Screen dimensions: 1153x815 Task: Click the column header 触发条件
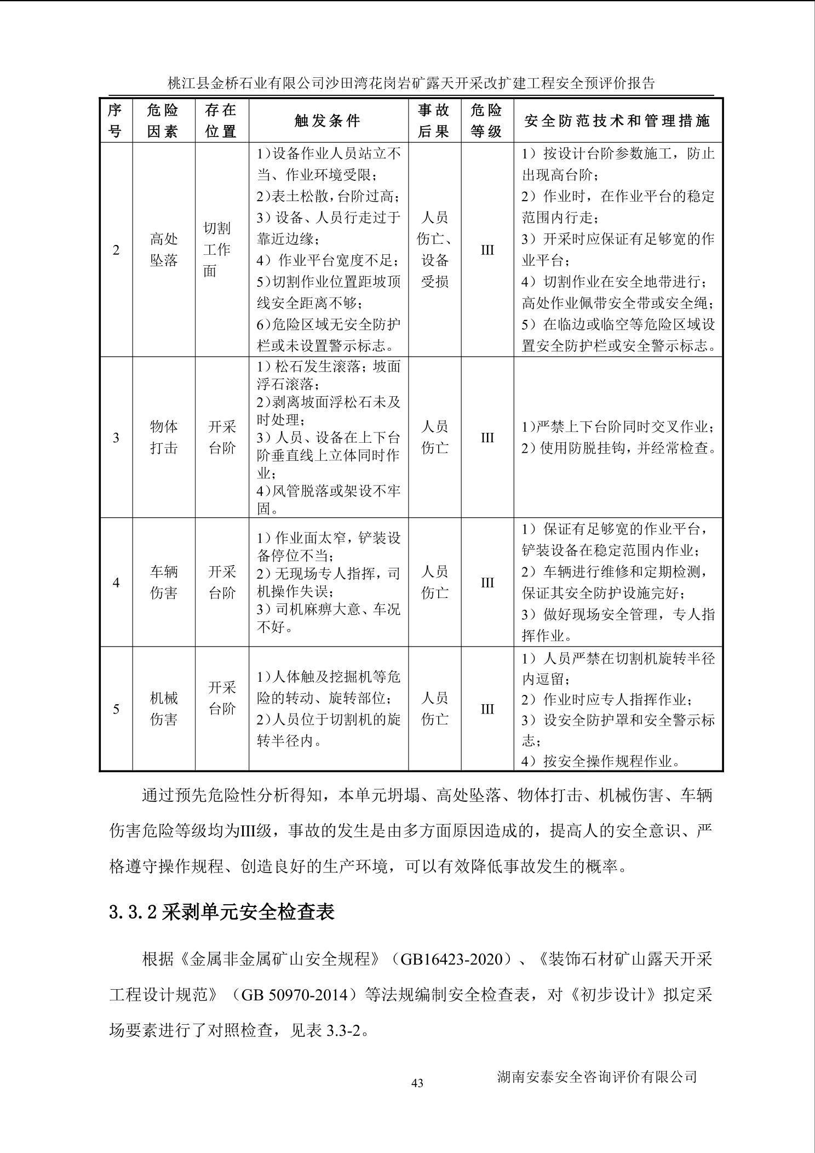click(x=328, y=121)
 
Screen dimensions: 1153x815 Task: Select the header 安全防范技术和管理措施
click(x=617, y=121)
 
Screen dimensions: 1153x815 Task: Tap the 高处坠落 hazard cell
click(x=164, y=250)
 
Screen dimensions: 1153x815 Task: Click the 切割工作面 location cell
click(x=217, y=250)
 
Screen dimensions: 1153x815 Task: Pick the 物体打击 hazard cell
click(x=164, y=437)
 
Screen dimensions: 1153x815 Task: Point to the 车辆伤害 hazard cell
click(x=164, y=583)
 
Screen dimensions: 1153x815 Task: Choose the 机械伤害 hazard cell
click(x=164, y=709)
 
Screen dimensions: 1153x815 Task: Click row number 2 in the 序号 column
click(x=116, y=250)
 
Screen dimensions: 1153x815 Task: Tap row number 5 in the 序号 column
click(x=116, y=709)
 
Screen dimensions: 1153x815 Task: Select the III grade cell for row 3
click(x=487, y=438)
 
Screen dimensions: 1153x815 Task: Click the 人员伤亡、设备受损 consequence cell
click(x=435, y=250)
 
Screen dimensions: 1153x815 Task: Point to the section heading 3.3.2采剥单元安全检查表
click(x=222, y=912)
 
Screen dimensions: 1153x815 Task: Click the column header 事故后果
click(x=434, y=121)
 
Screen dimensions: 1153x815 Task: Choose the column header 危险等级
click(x=487, y=121)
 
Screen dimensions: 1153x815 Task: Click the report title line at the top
click(x=411, y=83)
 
